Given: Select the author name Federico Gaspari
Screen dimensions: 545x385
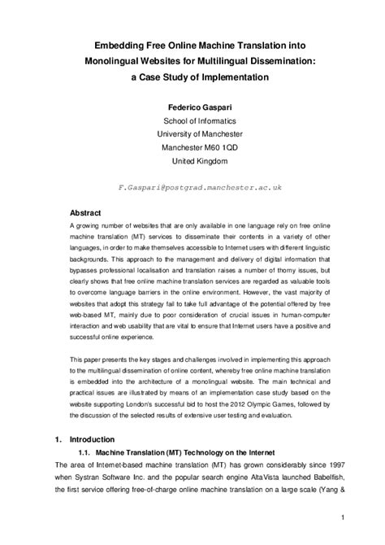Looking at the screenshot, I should point(192,106).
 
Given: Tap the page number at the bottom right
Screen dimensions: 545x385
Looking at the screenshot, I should point(344,517).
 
